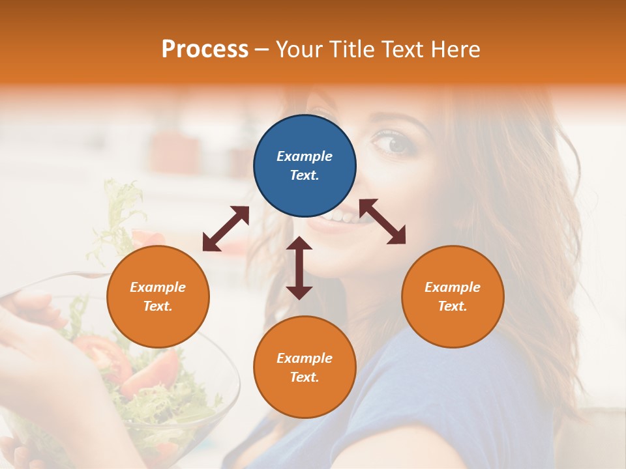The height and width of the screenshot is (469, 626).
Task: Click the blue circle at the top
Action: click(x=305, y=165)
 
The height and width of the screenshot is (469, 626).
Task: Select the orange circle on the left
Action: click(x=158, y=296)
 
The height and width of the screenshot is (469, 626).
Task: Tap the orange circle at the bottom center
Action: click(x=305, y=367)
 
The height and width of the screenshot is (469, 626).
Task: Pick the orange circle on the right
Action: click(x=453, y=296)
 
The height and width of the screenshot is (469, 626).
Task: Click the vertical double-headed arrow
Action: click(x=299, y=268)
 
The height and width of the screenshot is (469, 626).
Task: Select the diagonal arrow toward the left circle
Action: click(x=226, y=229)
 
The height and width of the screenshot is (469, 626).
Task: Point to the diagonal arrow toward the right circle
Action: click(x=383, y=221)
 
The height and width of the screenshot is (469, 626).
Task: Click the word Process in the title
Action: click(x=205, y=50)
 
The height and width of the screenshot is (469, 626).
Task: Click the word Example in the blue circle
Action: click(x=305, y=156)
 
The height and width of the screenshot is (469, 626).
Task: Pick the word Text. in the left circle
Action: click(x=158, y=306)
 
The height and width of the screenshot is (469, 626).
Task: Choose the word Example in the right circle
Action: click(x=453, y=287)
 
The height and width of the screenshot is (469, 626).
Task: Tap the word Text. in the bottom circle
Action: click(x=305, y=377)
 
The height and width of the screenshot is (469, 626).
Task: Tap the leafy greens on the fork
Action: click(x=121, y=208)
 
